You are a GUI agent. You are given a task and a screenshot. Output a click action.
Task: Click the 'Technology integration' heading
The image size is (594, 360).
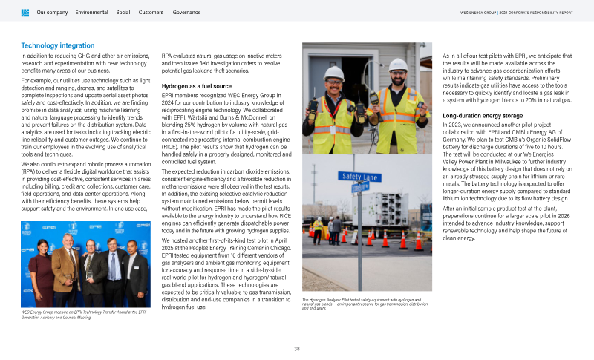pyautogui.click(x=57, y=46)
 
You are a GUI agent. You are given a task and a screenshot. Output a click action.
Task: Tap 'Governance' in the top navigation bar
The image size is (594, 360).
pyautogui.click(x=186, y=13)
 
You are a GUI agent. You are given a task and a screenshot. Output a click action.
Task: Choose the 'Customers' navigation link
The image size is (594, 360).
pyautogui.click(x=151, y=13)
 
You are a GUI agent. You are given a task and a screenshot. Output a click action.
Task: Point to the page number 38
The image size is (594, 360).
pyautogui.click(x=297, y=348)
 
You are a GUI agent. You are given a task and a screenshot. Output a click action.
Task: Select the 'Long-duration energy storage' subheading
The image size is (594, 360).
pyautogui.click(x=483, y=116)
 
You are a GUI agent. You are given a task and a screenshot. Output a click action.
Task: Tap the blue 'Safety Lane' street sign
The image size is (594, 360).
pyautogui.click(x=359, y=176)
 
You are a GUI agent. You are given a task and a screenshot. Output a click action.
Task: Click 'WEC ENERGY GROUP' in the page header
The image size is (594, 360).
pyautogui.click(x=478, y=13)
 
